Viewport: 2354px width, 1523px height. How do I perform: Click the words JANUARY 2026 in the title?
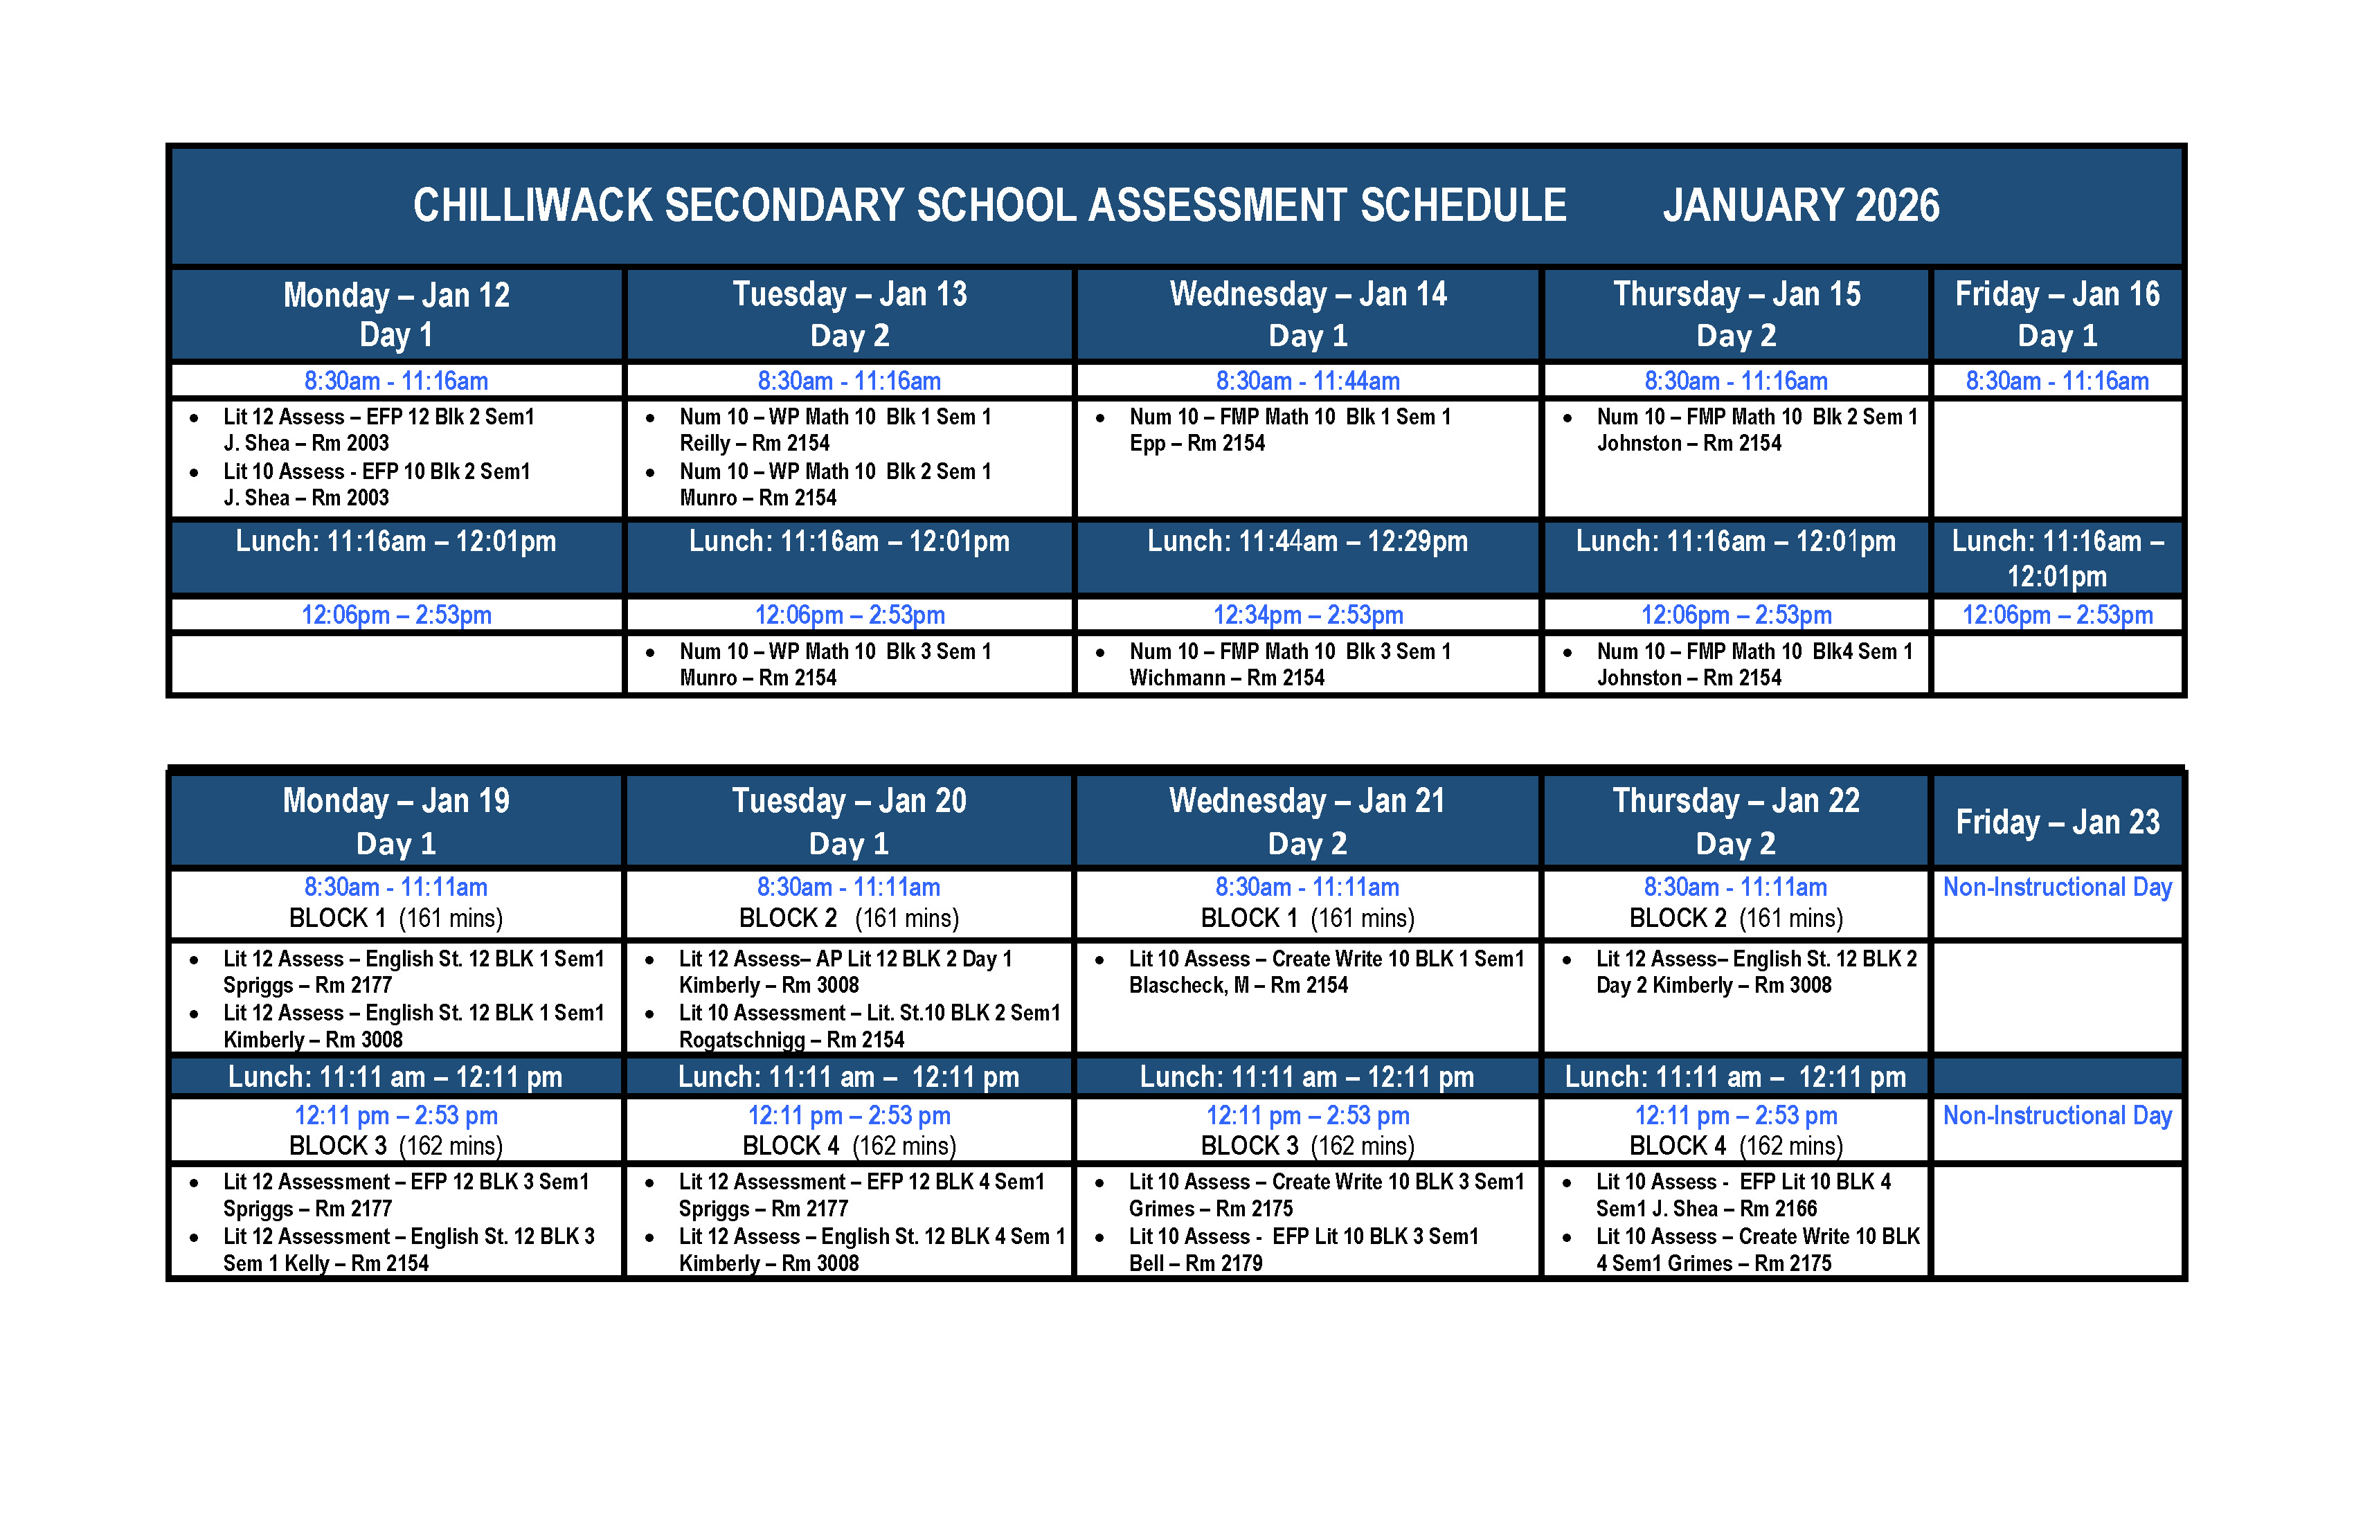[1800, 206]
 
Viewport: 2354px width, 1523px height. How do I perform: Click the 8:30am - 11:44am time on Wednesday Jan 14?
[1308, 381]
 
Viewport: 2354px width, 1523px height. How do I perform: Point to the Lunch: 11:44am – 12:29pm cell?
[1308, 542]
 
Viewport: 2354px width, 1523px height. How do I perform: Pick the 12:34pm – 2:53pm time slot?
[1308, 615]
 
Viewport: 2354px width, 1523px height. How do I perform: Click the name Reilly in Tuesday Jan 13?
[704, 444]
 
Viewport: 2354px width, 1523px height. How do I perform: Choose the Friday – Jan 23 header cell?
[2057, 822]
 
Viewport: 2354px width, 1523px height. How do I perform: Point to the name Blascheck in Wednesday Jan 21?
[1177, 986]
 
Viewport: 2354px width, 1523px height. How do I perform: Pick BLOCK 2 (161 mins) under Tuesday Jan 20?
[849, 919]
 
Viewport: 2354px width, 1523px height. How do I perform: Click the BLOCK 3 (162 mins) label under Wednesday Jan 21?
[1308, 1146]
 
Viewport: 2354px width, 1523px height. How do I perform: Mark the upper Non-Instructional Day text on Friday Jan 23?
[2057, 887]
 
